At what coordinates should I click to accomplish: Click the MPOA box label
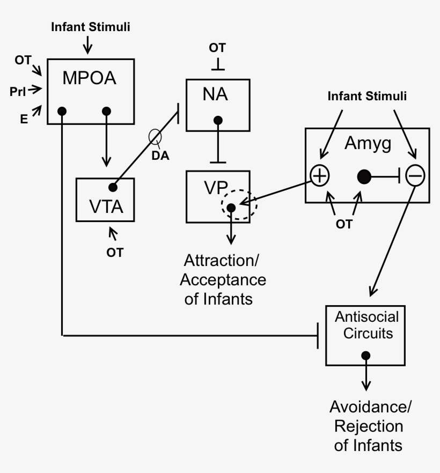(89, 78)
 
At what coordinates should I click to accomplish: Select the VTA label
(106, 206)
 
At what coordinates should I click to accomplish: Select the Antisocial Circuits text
(364, 325)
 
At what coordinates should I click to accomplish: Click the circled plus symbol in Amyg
(320, 175)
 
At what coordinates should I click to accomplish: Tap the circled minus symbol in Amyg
(415, 175)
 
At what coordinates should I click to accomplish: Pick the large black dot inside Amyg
(364, 176)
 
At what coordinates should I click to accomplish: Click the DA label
(159, 156)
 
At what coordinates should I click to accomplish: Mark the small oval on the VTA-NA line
(155, 137)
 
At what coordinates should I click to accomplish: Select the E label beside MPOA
(24, 119)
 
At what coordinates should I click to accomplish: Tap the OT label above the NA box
(217, 48)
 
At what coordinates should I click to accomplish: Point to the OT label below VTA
(114, 252)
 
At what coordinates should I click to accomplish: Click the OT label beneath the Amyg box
(344, 224)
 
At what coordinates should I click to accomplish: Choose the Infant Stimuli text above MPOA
(90, 26)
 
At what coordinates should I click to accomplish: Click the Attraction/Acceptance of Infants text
(222, 279)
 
